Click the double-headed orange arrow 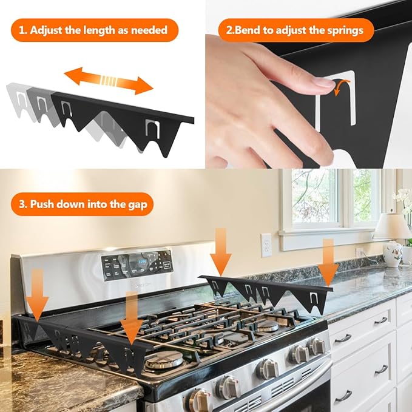[x=109, y=81]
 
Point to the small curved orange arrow [x=341, y=88]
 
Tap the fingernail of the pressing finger [x=325, y=83]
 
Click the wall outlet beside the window [x=266, y=245]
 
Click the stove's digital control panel [x=137, y=265]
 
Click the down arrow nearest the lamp [x=328, y=263]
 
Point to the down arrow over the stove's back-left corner [x=37, y=295]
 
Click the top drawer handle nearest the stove [x=342, y=338]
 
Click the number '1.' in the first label [x=23, y=30]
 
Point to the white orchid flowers [x=403, y=200]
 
